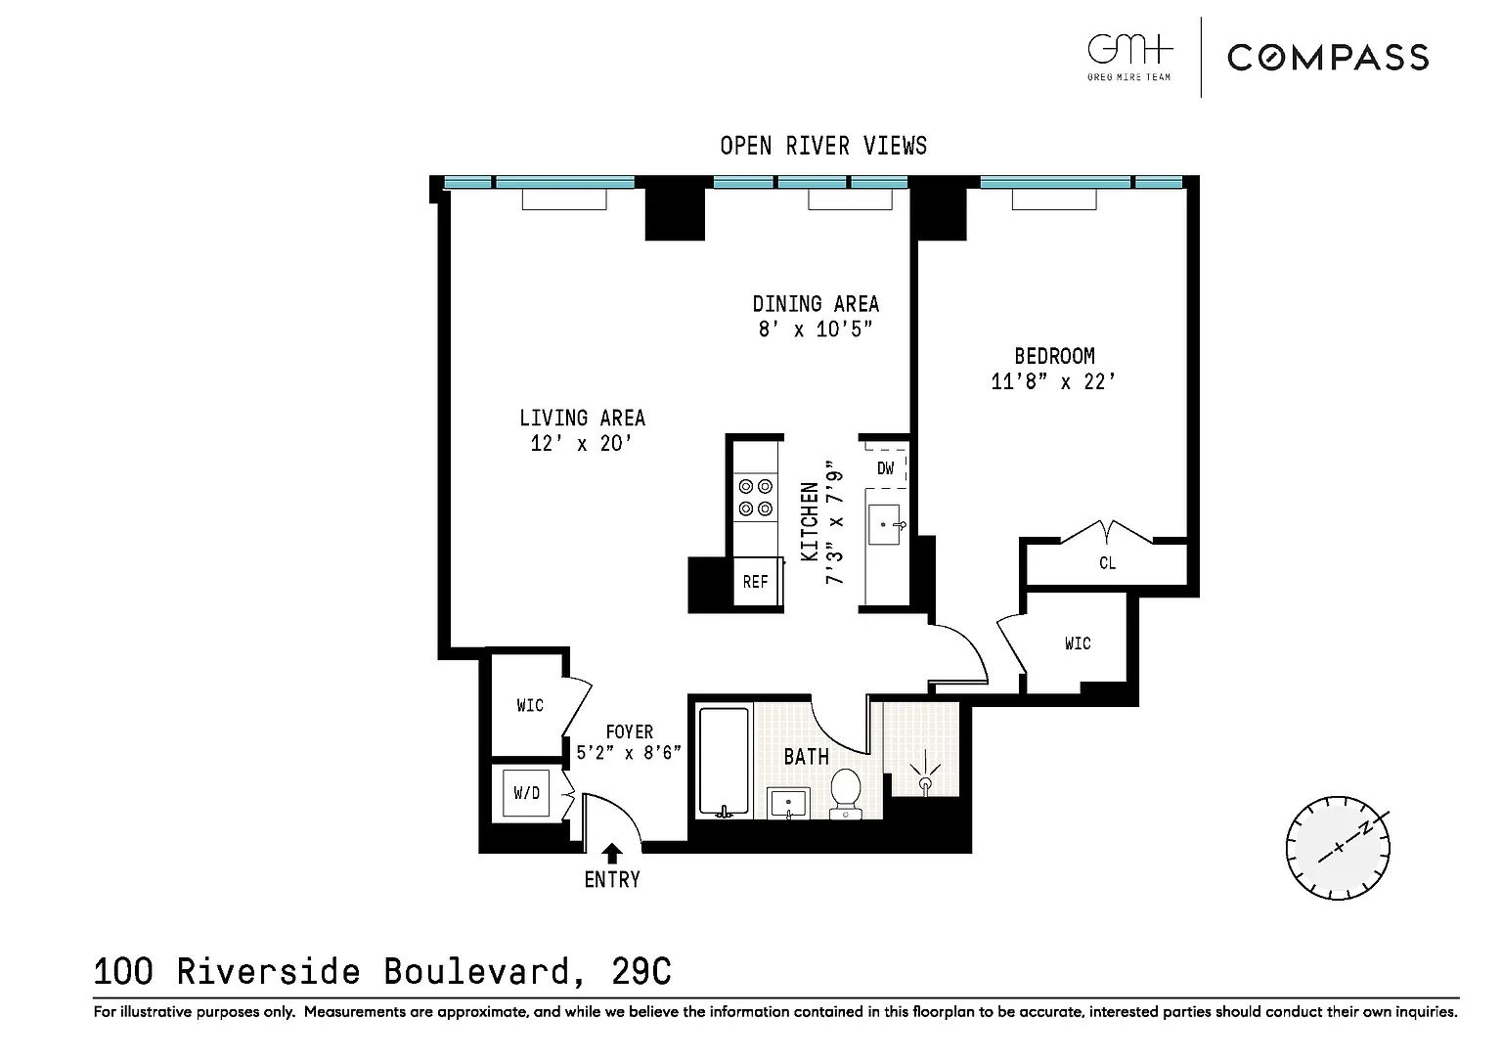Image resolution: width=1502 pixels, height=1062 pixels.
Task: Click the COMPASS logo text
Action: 1328,58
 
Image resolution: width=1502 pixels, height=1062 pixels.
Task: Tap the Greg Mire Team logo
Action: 1129,58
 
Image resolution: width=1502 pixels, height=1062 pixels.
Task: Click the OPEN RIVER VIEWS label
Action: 823,146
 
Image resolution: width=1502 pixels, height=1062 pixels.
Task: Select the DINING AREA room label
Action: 816,304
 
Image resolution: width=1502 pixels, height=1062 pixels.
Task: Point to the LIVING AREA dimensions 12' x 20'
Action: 582,443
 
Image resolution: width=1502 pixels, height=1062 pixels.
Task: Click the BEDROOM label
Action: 1054,356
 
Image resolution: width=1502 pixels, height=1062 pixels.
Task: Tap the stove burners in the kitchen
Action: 756,498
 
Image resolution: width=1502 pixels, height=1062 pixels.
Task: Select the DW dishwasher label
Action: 886,468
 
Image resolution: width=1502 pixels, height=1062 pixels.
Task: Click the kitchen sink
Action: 886,524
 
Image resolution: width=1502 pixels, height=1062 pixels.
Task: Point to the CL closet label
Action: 1107,563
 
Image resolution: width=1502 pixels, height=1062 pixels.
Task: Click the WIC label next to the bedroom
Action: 1078,643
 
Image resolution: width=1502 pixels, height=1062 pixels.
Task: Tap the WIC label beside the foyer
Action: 530,705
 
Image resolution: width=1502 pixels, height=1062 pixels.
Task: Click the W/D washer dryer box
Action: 526,793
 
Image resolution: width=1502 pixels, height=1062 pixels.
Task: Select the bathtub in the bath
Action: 724,762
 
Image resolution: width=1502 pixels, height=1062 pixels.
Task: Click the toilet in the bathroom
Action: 846,794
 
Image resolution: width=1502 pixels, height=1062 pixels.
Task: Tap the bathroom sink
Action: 788,803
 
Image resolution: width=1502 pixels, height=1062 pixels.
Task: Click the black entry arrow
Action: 611,853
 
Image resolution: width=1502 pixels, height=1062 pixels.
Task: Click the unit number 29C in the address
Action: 641,971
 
